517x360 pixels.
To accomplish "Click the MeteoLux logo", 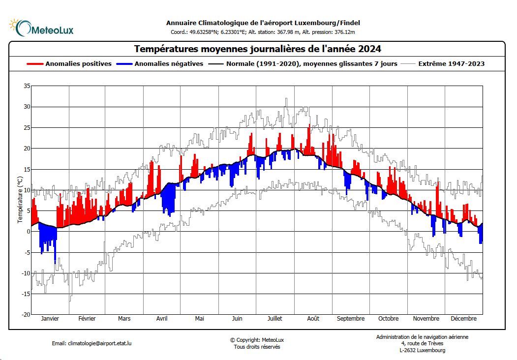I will coord(41,28).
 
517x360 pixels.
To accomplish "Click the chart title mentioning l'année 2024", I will coord(257,49).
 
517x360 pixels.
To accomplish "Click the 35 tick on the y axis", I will coord(27,86).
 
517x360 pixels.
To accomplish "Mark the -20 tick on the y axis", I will coord(26,314).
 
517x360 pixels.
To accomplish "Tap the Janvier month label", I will coord(50,319).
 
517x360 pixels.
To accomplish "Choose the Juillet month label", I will coord(274,319).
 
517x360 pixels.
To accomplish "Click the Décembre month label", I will coord(463,319).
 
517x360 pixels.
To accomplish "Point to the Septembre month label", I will coord(351,319).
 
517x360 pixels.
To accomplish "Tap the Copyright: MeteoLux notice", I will coord(257,340).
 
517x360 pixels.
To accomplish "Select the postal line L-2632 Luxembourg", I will coord(422,350).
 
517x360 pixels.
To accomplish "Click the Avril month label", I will coord(162,319).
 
